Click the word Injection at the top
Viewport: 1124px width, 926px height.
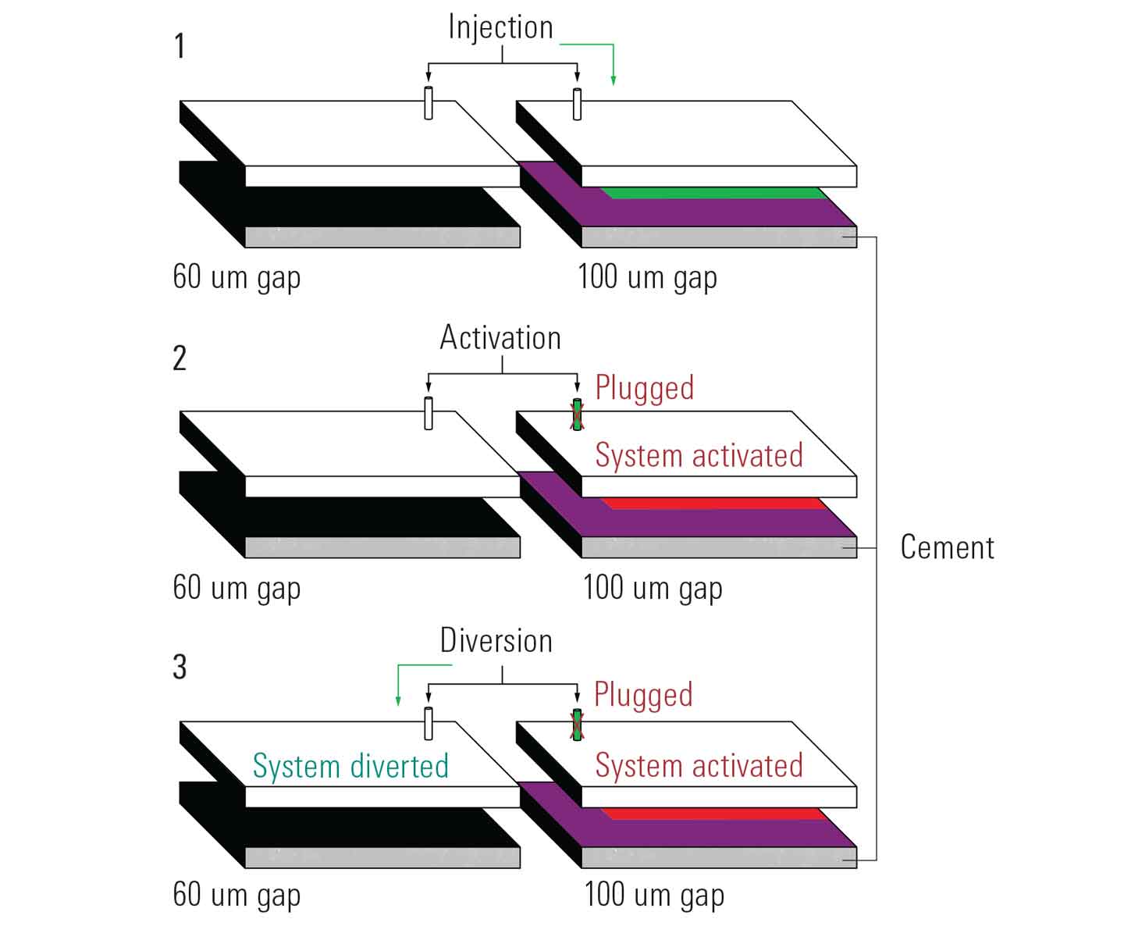coord(500,27)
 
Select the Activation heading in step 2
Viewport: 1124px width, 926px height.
coord(500,338)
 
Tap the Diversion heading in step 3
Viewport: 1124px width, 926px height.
coord(496,640)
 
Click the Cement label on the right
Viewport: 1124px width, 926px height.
coord(947,547)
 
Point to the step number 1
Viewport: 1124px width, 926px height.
coord(180,46)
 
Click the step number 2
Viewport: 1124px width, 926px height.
coord(180,358)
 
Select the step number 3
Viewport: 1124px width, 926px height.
coord(180,667)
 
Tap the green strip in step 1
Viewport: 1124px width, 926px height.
coord(714,193)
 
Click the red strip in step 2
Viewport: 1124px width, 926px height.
coord(714,504)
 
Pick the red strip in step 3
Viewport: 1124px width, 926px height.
coord(714,814)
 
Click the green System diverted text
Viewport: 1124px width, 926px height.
coord(350,766)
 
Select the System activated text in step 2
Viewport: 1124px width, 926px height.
coord(699,455)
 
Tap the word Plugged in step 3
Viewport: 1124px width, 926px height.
coord(643,694)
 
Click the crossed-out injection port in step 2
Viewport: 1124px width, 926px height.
coord(577,415)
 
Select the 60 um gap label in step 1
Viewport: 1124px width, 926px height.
coord(237,277)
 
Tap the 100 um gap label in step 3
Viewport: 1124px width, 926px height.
coord(654,895)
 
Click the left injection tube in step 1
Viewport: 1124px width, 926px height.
coord(429,103)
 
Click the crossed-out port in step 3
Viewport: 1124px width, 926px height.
coord(577,725)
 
